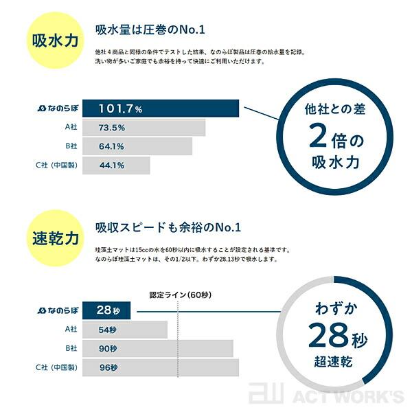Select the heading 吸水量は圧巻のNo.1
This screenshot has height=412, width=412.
(150, 30)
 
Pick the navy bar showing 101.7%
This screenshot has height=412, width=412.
(161, 109)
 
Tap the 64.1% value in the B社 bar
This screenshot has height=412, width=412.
(111, 146)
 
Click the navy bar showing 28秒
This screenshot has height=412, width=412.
(110, 311)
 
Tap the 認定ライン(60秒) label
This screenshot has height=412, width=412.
(181, 295)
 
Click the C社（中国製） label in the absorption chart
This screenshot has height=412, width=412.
(59, 165)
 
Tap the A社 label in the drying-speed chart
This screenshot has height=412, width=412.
(71, 330)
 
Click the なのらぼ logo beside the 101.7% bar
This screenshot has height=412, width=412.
(59, 109)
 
